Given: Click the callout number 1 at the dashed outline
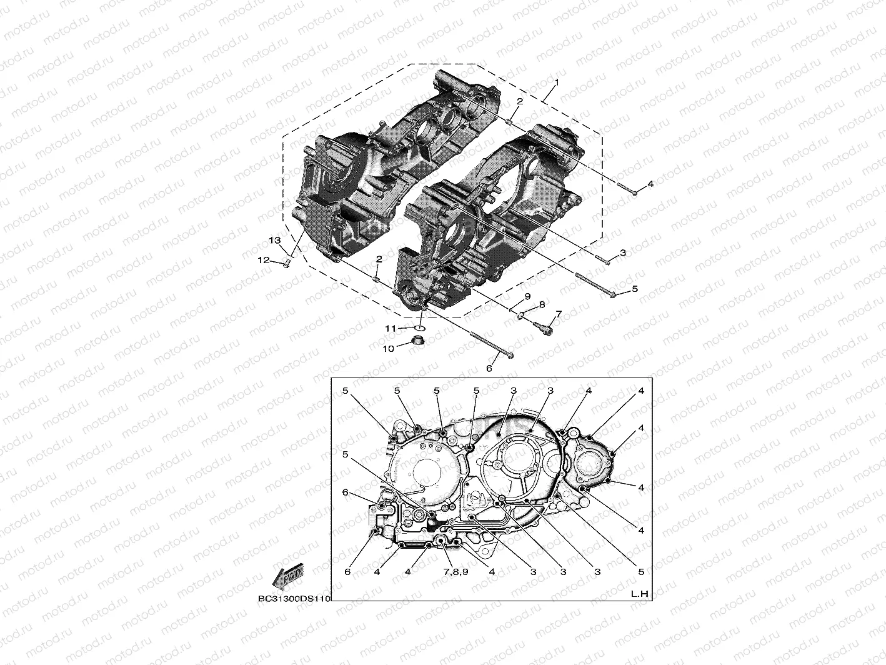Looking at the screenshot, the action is click(557, 82).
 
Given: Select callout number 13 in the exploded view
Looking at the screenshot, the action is click(275, 241).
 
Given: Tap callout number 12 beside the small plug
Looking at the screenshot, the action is click(264, 261).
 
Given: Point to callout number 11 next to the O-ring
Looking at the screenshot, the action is click(391, 329).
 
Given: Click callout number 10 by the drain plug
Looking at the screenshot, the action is click(388, 349).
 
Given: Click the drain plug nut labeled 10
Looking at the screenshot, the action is click(418, 342).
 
